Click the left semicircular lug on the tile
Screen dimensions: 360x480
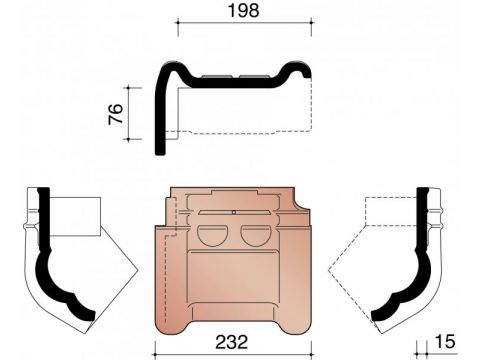click(213, 236)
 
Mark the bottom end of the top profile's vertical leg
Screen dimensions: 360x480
click(161, 152)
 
